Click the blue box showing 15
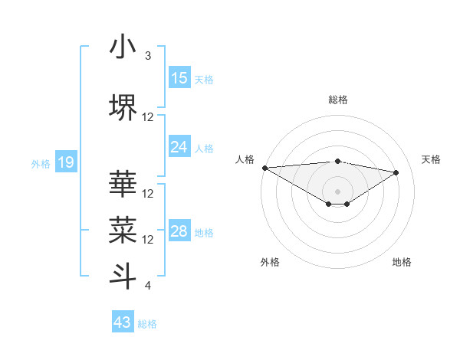click(179, 78)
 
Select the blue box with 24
click(179, 148)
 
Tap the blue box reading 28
click(179, 231)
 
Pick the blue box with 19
click(66, 162)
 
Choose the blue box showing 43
click(123, 322)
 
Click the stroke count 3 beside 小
click(148, 56)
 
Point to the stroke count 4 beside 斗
click(148, 286)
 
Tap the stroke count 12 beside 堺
click(148, 117)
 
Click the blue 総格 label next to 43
click(147, 324)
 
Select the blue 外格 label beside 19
click(41, 163)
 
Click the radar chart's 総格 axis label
click(337, 100)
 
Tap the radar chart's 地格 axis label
click(402, 262)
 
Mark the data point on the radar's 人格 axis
click(264, 168)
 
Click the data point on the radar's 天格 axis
click(396, 172)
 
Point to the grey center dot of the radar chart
click(337, 191)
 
